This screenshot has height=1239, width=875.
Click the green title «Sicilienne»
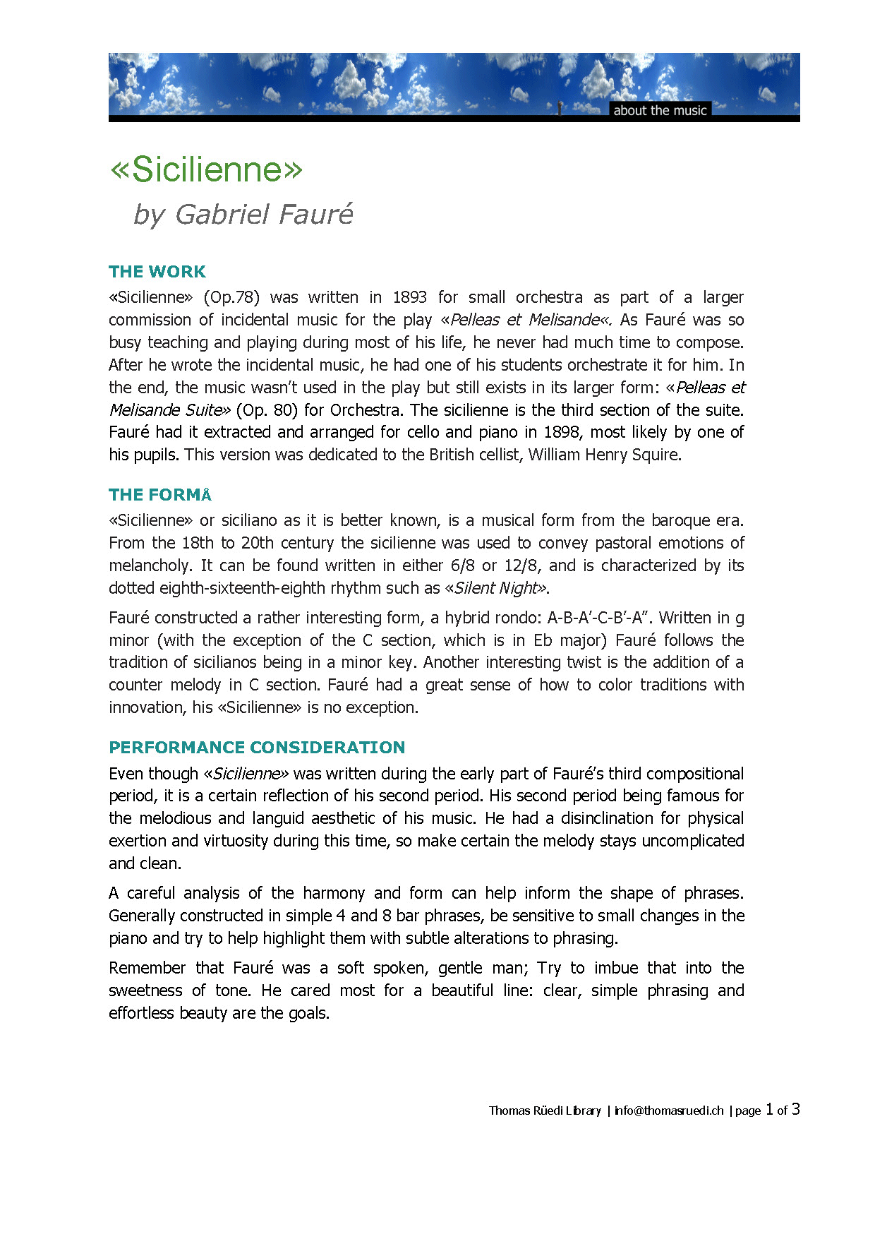point(206,169)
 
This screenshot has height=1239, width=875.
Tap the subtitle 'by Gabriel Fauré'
point(243,214)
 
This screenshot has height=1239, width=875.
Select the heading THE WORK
point(157,272)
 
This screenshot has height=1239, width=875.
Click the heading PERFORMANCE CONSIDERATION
point(257,748)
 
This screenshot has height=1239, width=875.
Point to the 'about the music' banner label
point(660,110)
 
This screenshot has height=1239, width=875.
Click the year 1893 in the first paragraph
point(409,297)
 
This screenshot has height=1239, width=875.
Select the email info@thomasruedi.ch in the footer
point(669,1111)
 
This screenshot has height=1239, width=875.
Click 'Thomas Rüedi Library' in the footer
point(545,1111)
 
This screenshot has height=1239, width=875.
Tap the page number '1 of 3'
point(783,1110)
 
